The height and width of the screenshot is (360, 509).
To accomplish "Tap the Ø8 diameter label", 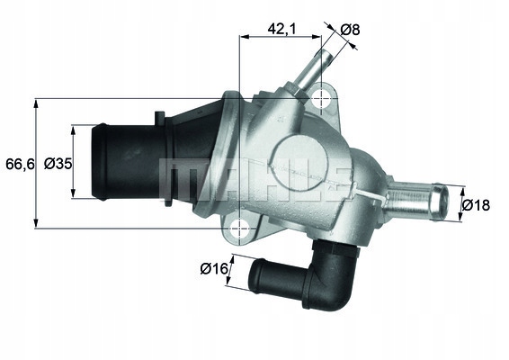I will [x=350, y=31].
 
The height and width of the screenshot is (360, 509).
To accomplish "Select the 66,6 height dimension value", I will [x=18, y=164].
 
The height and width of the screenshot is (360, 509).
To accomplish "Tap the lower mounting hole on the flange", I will [x=240, y=229].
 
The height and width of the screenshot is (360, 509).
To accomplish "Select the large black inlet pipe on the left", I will [x=121, y=163].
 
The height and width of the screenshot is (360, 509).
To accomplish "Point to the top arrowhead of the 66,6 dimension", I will [x=35, y=101].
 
